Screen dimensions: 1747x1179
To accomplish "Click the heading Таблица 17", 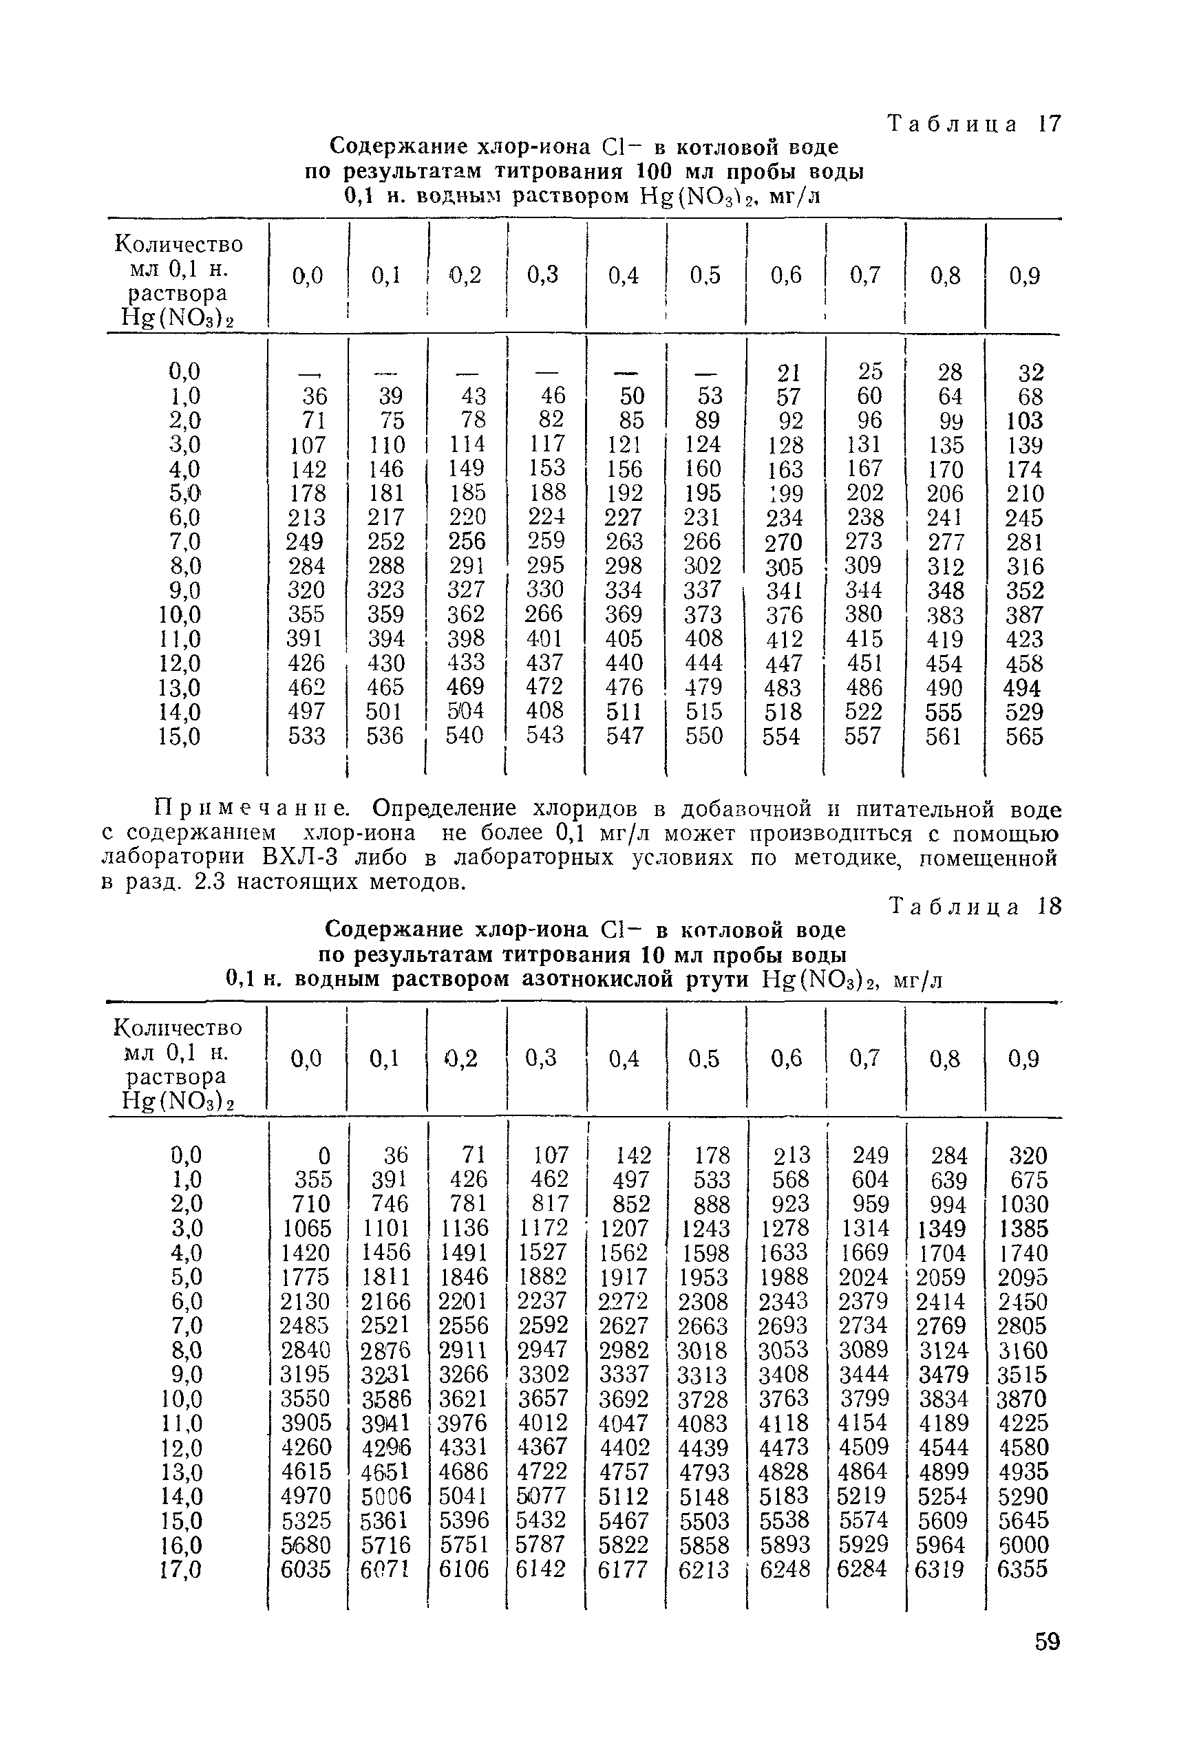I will [x=975, y=124].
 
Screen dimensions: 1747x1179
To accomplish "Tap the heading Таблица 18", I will [x=975, y=907].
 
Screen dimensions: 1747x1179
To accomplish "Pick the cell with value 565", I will [x=1024, y=736].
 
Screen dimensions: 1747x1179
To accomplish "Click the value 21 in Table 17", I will [x=788, y=373].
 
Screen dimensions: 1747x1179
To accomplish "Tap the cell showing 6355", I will [x=1022, y=1569].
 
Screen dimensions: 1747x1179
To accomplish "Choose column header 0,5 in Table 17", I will [x=705, y=276].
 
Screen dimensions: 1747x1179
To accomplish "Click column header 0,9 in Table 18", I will [x=1023, y=1058].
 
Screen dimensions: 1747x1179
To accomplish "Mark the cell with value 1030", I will [x=1024, y=1204].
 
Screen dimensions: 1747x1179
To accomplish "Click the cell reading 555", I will [x=944, y=712].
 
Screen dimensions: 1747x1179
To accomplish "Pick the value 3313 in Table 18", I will [x=703, y=1375].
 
